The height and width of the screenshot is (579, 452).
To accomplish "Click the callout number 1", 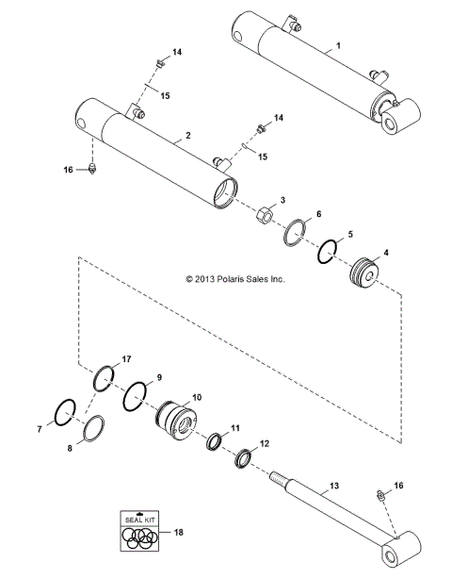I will point(339,45).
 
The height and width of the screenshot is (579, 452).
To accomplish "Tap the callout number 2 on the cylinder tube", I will point(188,136).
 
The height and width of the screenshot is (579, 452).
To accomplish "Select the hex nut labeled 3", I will point(266,219).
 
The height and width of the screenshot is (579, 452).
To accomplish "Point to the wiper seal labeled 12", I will point(243,457).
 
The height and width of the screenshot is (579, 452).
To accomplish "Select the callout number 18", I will point(178,533).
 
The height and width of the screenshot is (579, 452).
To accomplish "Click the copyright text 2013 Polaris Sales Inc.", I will point(234,279).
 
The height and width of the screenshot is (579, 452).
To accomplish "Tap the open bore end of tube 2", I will point(221,193).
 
